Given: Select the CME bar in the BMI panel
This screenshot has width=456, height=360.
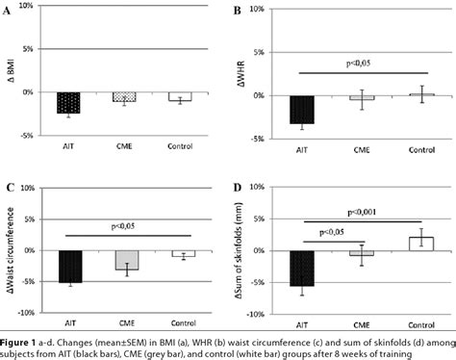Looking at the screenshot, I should point(124,97).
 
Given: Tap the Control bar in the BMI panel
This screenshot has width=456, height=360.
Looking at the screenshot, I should point(179,96).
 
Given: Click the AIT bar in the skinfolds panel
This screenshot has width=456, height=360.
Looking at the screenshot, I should point(304,268).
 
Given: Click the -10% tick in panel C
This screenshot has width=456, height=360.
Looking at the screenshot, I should point(28,313).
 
